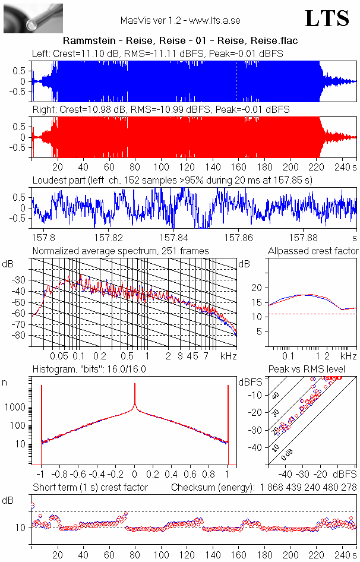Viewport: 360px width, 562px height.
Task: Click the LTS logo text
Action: coord(327,18)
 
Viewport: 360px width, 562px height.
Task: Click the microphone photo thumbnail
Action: coord(25,18)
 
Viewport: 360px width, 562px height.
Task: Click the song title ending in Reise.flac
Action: coord(180,41)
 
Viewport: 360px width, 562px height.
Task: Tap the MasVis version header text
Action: coord(180,20)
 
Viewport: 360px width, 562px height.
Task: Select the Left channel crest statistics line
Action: coord(157,53)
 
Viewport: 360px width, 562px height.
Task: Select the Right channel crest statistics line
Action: coord(160,110)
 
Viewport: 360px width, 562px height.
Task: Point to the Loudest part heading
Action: coord(172,179)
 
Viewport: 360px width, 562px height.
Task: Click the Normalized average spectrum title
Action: coord(121,251)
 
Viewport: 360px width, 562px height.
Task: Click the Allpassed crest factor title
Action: coord(313,251)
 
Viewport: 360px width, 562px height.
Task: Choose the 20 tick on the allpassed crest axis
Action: coord(257,288)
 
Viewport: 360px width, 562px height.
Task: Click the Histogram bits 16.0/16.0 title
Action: coord(89,370)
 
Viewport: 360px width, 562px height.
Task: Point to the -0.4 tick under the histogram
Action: coord(97,475)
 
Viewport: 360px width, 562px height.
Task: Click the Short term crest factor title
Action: coord(90,487)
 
